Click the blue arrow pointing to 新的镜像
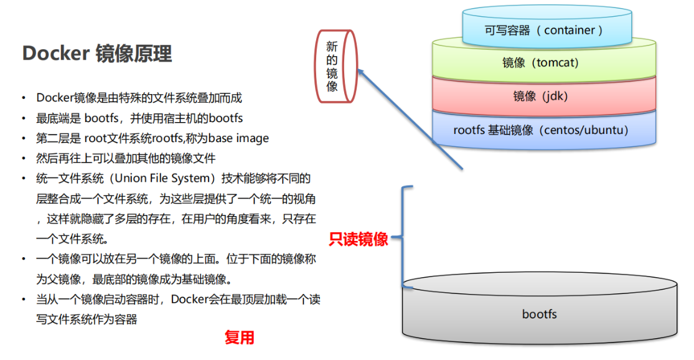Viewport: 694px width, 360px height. (411, 119)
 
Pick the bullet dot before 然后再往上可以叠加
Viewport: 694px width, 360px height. (24, 158)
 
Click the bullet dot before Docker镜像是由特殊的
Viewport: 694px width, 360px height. (24, 98)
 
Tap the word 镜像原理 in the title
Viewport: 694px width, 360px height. (133, 54)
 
